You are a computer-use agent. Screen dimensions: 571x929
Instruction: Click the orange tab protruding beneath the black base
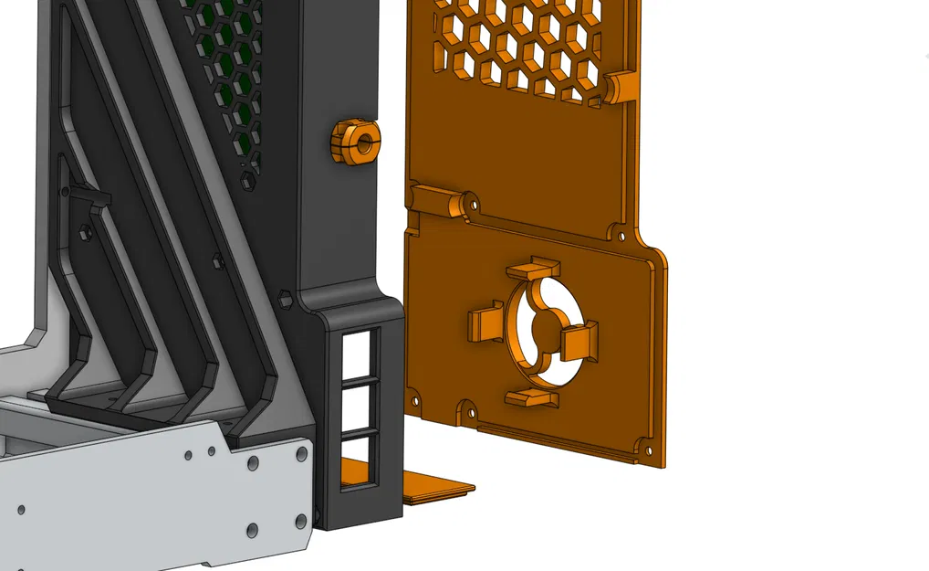point(439,488)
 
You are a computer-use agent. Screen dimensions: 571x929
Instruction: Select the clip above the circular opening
point(532,270)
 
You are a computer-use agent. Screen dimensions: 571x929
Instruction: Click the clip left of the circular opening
point(485,323)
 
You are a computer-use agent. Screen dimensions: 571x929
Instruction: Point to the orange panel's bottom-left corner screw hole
point(416,400)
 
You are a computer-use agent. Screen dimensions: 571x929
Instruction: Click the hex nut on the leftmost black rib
point(84,231)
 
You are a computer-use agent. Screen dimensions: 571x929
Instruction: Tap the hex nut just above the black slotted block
point(284,298)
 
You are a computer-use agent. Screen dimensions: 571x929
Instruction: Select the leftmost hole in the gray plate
point(20,509)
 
